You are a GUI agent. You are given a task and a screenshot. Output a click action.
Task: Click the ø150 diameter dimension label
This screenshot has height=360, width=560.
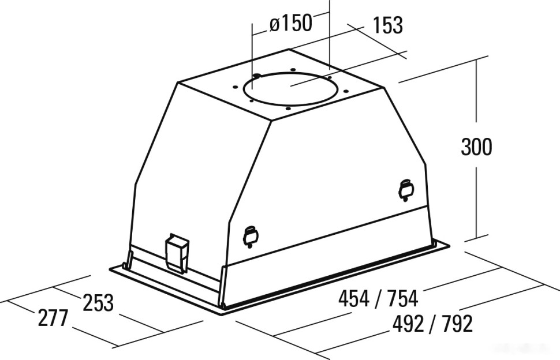tap(291, 24)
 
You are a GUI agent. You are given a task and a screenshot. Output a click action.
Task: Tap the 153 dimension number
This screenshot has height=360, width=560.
tap(387, 25)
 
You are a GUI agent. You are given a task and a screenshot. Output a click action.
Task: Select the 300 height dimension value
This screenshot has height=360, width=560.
tap(476, 147)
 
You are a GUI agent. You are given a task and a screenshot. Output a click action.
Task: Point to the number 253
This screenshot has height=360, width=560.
tap(98, 302)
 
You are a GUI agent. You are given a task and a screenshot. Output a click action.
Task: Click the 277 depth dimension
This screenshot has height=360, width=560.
tap(53, 317)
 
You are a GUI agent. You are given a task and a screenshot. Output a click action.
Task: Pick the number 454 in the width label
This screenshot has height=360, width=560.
tap(354, 298)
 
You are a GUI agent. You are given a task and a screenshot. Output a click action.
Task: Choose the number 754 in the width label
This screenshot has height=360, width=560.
tap(402, 298)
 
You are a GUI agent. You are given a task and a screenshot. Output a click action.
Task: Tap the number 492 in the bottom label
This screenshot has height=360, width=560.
tap(408, 324)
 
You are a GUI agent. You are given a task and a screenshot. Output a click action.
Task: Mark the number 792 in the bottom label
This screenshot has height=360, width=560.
tap(457, 324)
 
